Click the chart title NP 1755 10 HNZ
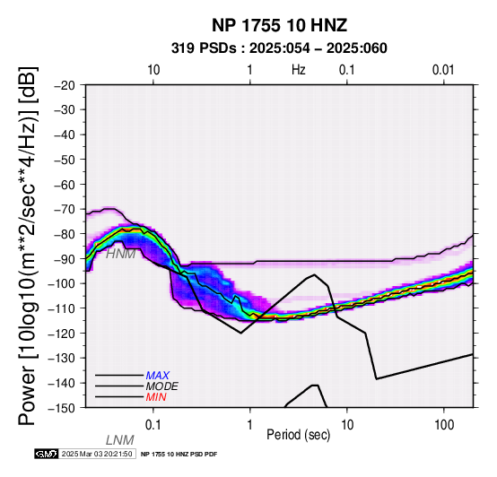coord(279,25)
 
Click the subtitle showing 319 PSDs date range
coord(279,48)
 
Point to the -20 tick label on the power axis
coord(65,85)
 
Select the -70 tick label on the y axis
coord(65,210)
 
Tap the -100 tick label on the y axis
coord(62,283)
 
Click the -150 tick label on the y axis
coord(62,408)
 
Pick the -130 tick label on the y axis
coord(62,359)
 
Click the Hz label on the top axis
coord(299,70)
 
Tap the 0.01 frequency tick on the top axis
coord(443,70)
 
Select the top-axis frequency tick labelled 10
coord(153,70)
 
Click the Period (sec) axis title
coord(299,435)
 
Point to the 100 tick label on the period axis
coord(444,425)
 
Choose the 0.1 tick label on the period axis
coord(153,425)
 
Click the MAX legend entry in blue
coord(158,376)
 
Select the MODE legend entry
coord(162,386)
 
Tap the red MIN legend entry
coord(156,397)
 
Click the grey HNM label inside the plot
coord(121,254)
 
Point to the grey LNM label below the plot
coord(120,440)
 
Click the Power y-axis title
coord(28,246)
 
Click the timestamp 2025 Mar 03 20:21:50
coord(97,454)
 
